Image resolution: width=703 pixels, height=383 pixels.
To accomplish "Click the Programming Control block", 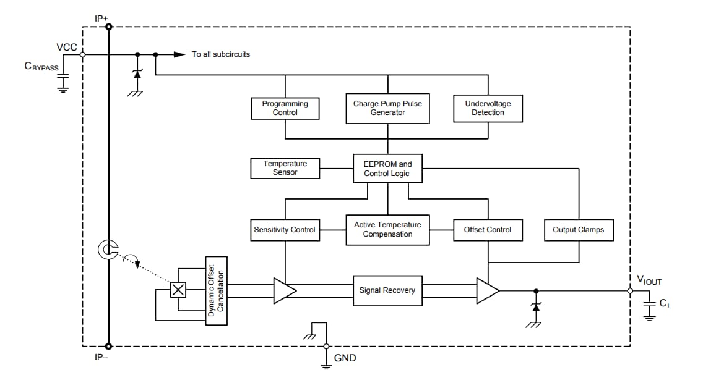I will click(285, 108).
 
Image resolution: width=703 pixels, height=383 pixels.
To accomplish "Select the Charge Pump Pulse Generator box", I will click(387, 108).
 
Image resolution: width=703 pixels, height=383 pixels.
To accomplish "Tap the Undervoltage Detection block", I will click(488, 108).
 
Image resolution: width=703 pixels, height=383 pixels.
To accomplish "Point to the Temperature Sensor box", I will click(285, 168).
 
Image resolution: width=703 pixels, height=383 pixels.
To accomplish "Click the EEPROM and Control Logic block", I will click(387, 169).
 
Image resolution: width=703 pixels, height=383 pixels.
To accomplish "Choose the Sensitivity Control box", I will click(285, 230).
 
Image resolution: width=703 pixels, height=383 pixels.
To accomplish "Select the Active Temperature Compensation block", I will click(387, 230).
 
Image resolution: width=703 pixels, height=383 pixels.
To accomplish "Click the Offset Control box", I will click(488, 230).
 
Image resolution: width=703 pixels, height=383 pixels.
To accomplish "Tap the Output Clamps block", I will click(578, 230).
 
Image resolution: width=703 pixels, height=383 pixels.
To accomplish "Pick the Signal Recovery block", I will click(387, 290).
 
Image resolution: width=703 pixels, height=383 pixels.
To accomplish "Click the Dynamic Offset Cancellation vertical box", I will click(216, 290).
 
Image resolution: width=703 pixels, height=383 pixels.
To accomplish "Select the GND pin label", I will click(345, 358).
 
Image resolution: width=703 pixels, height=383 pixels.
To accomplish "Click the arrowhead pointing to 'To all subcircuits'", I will click(179, 54).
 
